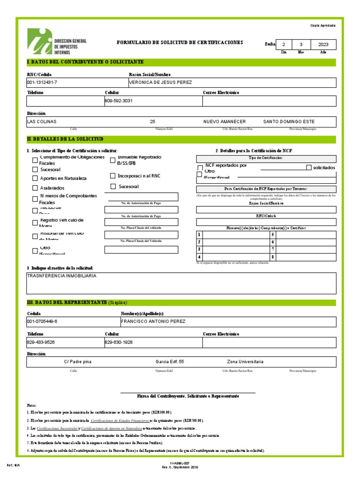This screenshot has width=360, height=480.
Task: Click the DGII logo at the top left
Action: click(56, 42)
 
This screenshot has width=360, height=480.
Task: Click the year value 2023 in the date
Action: click(323, 45)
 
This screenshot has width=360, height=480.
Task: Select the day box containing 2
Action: click(283, 45)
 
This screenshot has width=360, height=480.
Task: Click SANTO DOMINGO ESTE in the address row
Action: click(289, 121)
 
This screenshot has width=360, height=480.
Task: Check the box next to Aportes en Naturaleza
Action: click(35, 178)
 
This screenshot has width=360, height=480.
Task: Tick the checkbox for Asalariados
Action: click(35, 187)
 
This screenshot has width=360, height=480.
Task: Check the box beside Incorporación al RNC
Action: click(112, 176)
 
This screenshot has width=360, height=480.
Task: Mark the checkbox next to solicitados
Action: click(308, 167)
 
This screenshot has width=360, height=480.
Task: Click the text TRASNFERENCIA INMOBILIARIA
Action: click(62, 276)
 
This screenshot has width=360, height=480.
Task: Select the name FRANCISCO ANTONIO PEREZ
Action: click(153, 322)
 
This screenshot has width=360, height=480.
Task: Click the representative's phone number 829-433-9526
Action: click(41, 342)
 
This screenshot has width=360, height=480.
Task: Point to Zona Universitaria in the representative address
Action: click(245, 362)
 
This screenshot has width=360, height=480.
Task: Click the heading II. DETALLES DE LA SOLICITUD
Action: click(66, 139)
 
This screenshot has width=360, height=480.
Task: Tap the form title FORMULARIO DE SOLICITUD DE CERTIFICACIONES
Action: click(180, 43)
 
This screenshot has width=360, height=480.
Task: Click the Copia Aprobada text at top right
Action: click(323, 25)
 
